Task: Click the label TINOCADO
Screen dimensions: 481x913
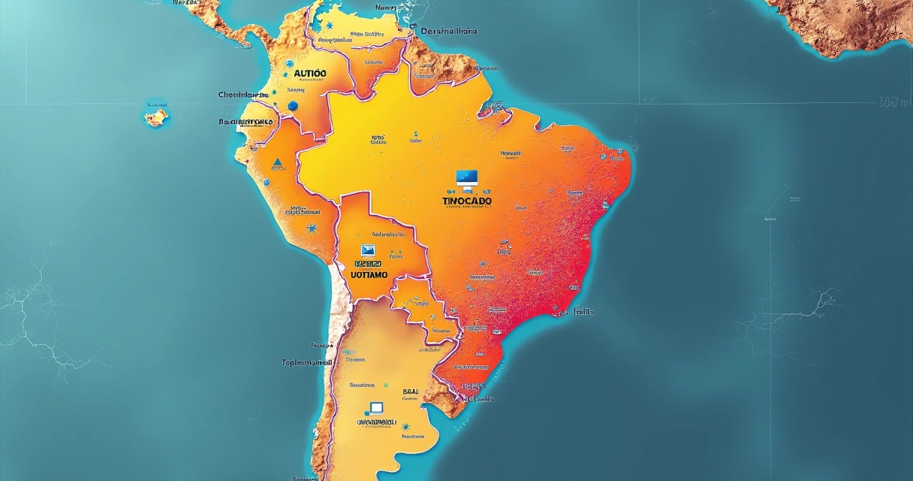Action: pyautogui.click(x=467, y=202)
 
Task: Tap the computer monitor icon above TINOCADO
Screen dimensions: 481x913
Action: pyautogui.click(x=467, y=179)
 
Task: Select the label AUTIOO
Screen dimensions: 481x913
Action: pyautogui.click(x=310, y=73)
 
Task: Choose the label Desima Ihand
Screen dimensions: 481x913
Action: pyautogui.click(x=448, y=32)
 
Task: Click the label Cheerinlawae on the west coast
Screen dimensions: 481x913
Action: pyautogui.click(x=243, y=95)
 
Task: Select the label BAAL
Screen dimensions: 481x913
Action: pyautogui.click(x=412, y=392)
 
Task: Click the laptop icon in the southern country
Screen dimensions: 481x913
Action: pyautogui.click(x=375, y=409)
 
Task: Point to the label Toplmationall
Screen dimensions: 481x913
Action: pyautogui.click(x=306, y=362)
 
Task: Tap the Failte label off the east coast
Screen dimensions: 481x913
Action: pyautogui.click(x=583, y=311)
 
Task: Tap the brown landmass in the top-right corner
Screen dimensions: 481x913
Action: pyautogui.click(x=841, y=23)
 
